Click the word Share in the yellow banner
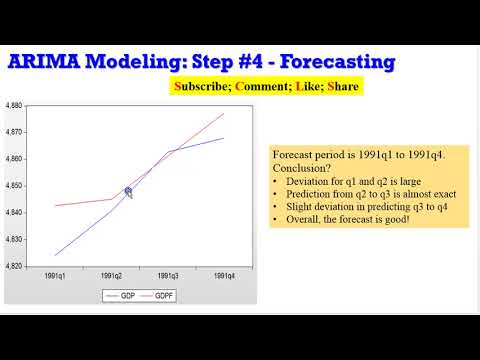tap(341, 87)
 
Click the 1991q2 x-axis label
tap(111, 275)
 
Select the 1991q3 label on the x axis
tap(167, 275)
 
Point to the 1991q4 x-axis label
tap(224, 275)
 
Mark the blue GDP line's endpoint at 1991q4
tap(224, 138)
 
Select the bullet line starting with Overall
tap(343, 219)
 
